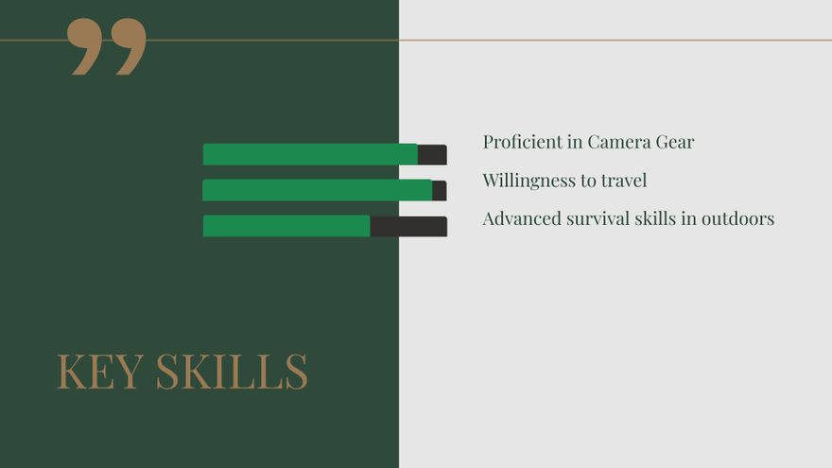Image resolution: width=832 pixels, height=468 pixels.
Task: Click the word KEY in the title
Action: (100, 371)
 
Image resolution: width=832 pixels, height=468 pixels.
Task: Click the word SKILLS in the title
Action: (232, 371)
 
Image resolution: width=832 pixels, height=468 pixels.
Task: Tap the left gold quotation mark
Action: (84, 45)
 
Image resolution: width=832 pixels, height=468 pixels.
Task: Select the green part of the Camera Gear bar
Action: (310, 154)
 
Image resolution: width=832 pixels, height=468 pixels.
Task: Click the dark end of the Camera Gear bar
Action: (432, 154)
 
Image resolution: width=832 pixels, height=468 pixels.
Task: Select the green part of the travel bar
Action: (318, 190)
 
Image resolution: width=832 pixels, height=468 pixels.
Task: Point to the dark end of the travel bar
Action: (440, 190)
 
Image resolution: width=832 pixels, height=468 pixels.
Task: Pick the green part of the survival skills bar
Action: (286, 226)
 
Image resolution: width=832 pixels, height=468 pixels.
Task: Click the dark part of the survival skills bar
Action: (408, 227)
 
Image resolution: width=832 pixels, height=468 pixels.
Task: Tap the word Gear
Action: (675, 142)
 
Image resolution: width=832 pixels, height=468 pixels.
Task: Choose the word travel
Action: (624, 181)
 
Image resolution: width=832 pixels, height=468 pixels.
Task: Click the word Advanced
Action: (522, 218)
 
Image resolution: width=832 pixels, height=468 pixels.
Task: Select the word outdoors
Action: (738, 218)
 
